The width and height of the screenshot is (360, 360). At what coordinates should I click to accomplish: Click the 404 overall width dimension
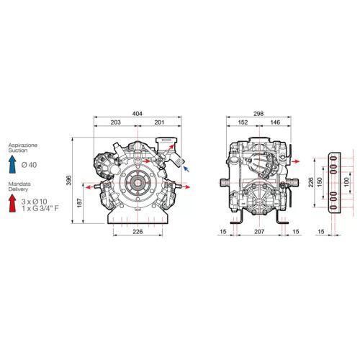138,114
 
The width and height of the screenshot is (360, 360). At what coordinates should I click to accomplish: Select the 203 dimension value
115,122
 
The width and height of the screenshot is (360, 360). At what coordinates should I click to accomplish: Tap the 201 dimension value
159,122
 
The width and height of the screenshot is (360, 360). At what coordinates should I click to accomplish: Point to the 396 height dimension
68,180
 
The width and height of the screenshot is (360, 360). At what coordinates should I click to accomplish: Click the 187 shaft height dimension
80,203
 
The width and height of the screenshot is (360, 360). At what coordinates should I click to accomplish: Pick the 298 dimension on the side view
258,114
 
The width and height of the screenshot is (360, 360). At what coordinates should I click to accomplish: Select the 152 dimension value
243,122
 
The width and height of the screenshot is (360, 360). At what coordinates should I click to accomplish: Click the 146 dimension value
275,122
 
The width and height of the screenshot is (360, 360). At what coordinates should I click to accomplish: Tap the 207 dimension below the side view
259,232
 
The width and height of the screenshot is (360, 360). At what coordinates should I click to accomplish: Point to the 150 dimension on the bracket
319,183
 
